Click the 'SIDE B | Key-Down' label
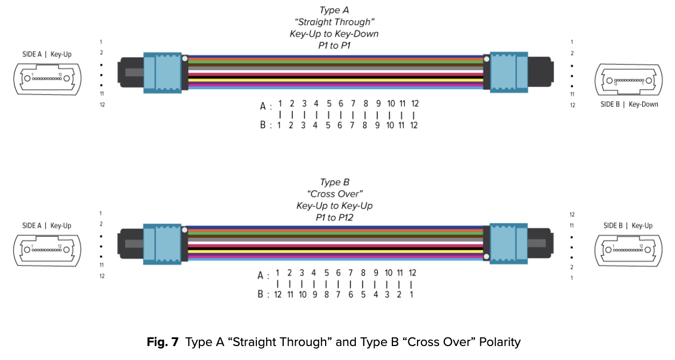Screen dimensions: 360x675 [x=629, y=104]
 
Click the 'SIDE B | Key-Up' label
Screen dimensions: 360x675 [x=628, y=226]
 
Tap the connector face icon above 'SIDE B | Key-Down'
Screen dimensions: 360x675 [x=629, y=81]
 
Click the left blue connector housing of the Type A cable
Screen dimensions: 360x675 [x=164, y=73]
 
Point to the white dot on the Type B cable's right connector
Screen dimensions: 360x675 [x=487, y=257]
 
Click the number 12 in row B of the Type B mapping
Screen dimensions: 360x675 [x=278, y=294]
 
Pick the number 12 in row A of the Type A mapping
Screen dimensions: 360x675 [x=414, y=103]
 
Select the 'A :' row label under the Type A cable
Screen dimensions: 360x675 [x=266, y=106]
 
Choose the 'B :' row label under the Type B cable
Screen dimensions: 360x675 [x=263, y=294]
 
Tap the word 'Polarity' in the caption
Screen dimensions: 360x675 [x=499, y=342]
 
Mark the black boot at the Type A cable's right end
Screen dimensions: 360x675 [x=540, y=73]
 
